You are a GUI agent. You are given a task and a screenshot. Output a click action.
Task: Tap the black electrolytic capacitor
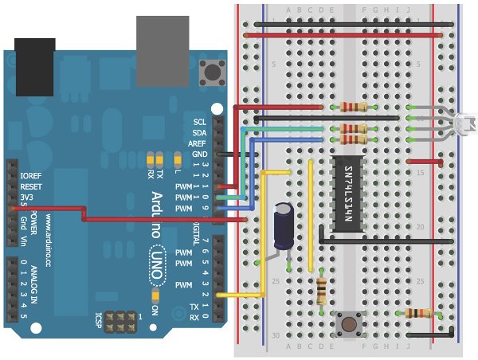point(284,226)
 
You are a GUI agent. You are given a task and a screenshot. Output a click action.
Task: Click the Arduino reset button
point(212,72)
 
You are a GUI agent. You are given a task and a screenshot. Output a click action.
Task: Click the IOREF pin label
point(31,174)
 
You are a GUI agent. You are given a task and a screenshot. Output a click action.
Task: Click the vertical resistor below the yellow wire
point(321,292)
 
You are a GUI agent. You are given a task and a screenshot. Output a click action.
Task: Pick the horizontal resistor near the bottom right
point(418,313)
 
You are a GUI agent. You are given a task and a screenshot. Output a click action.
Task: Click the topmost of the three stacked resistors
point(353,107)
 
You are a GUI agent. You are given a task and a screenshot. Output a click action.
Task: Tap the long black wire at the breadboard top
point(343,34)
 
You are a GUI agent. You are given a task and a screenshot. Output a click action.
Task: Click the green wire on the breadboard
point(287,128)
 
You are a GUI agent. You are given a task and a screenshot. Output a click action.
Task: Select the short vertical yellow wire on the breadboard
point(310,215)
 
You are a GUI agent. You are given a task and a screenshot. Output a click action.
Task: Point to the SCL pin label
point(199,122)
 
